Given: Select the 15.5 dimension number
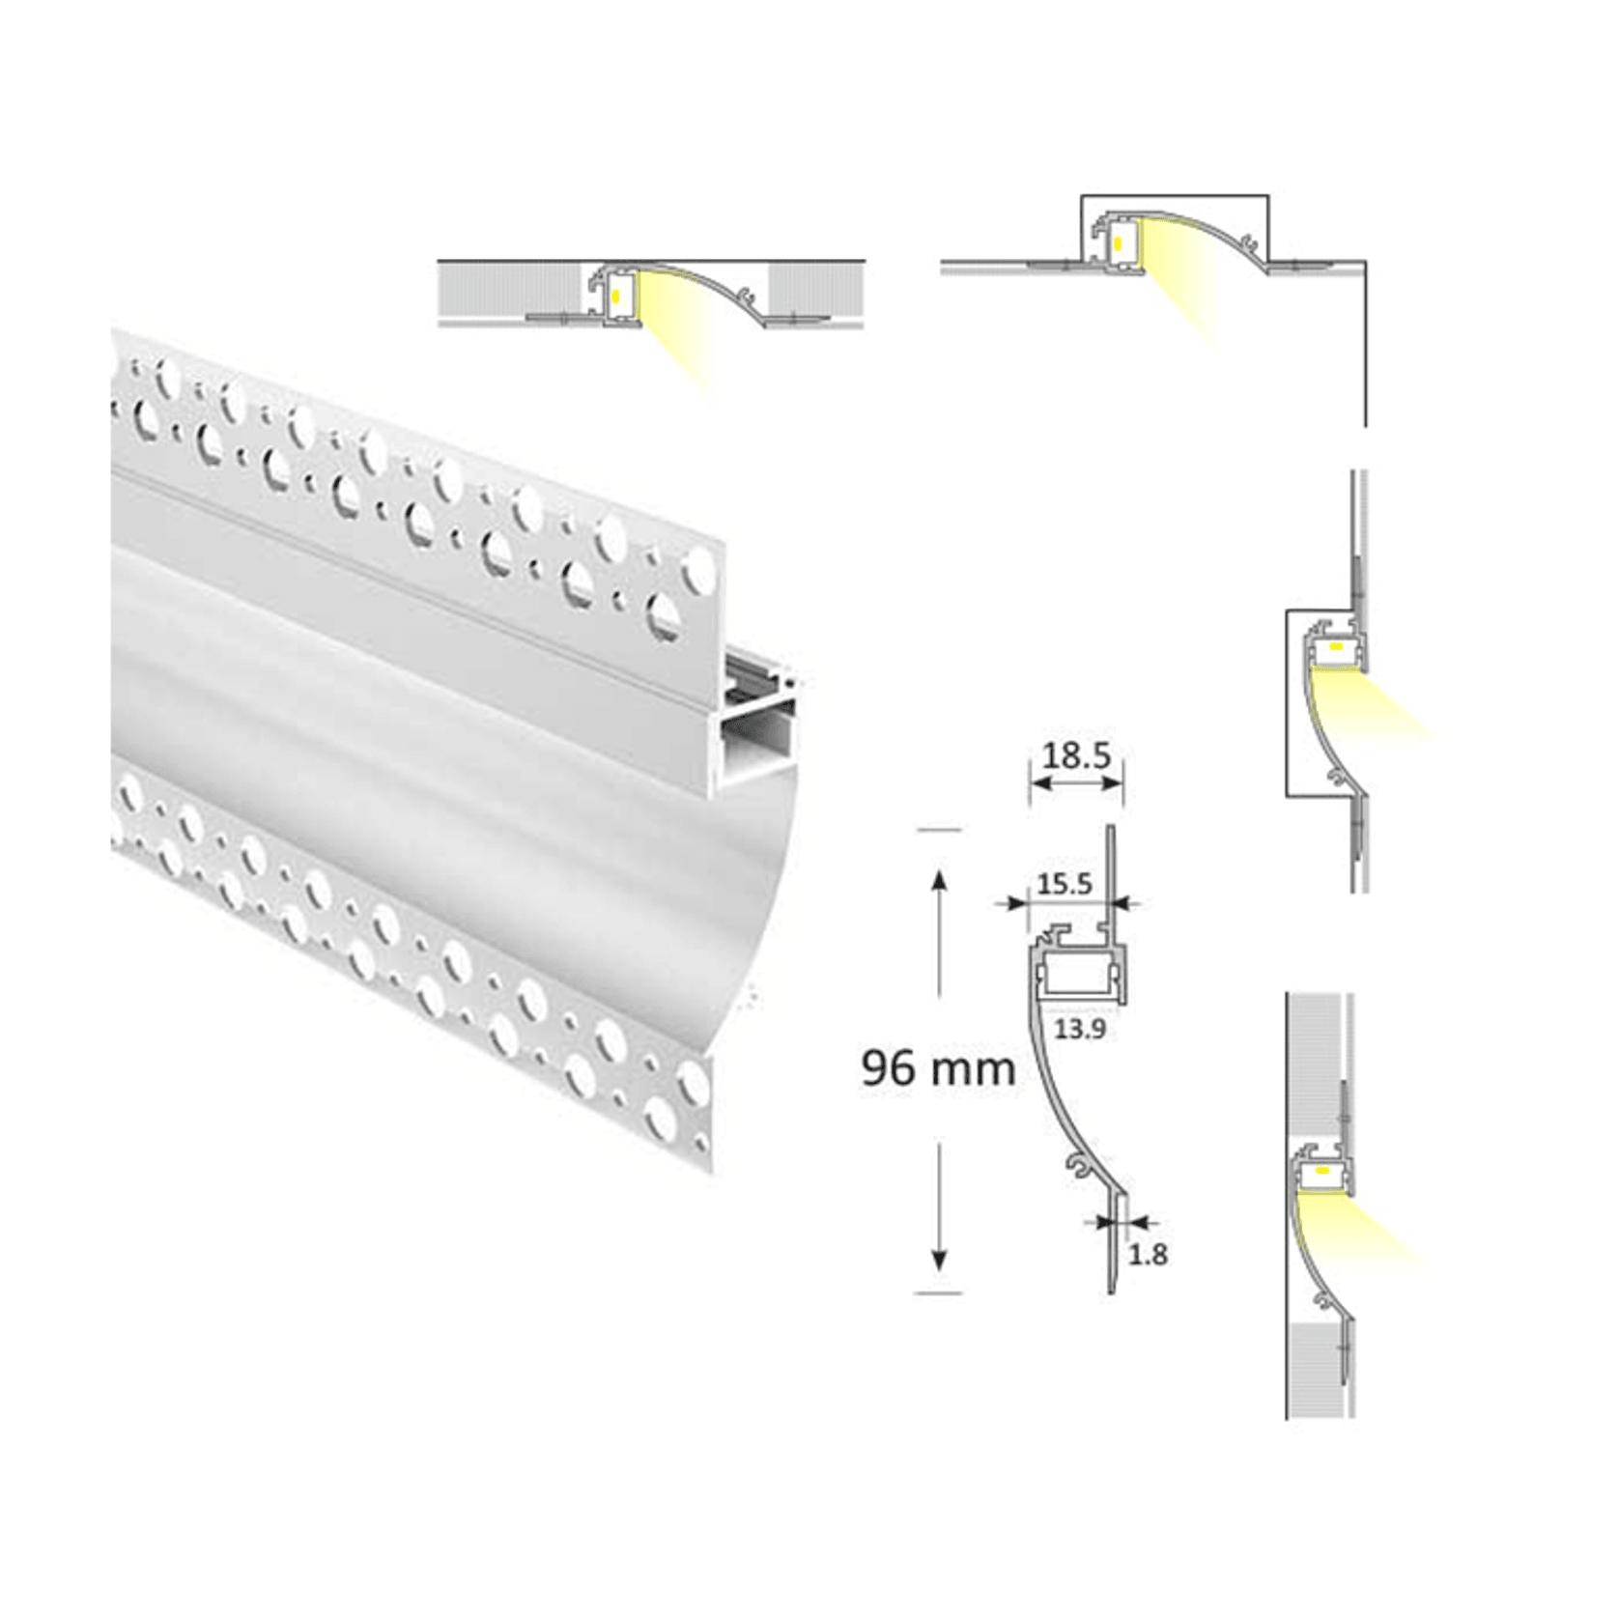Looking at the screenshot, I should click(x=1064, y=883).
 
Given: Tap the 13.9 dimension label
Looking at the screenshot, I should click(x=1079, y=1029).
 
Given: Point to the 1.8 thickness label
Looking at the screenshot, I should click(x=1148, y=1255).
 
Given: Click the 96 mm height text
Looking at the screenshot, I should click(x=937, y=1068).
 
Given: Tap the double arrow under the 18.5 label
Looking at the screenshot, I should click(x=1077, y=782).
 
